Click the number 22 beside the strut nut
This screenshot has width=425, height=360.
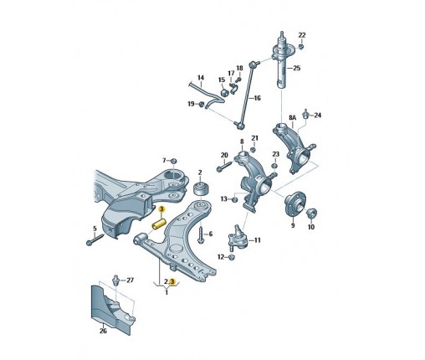pyautogui.click(x=302, y=34)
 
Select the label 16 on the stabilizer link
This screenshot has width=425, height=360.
pyautogui.click(x=257, y=98)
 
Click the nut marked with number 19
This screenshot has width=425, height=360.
pyautogui.click(x=201, y=105)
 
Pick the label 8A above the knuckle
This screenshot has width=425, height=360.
pyautogui.click(x=292, y=119)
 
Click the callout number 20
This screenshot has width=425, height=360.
pyautogui.click(x=224, y=156)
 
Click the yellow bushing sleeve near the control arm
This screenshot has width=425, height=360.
pyautogui.click(x=156, y=225)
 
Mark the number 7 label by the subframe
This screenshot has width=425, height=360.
pyautogui.click(x=164, y=159)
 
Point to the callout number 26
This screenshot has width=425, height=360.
pyautogui.click(x=104, y=331)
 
